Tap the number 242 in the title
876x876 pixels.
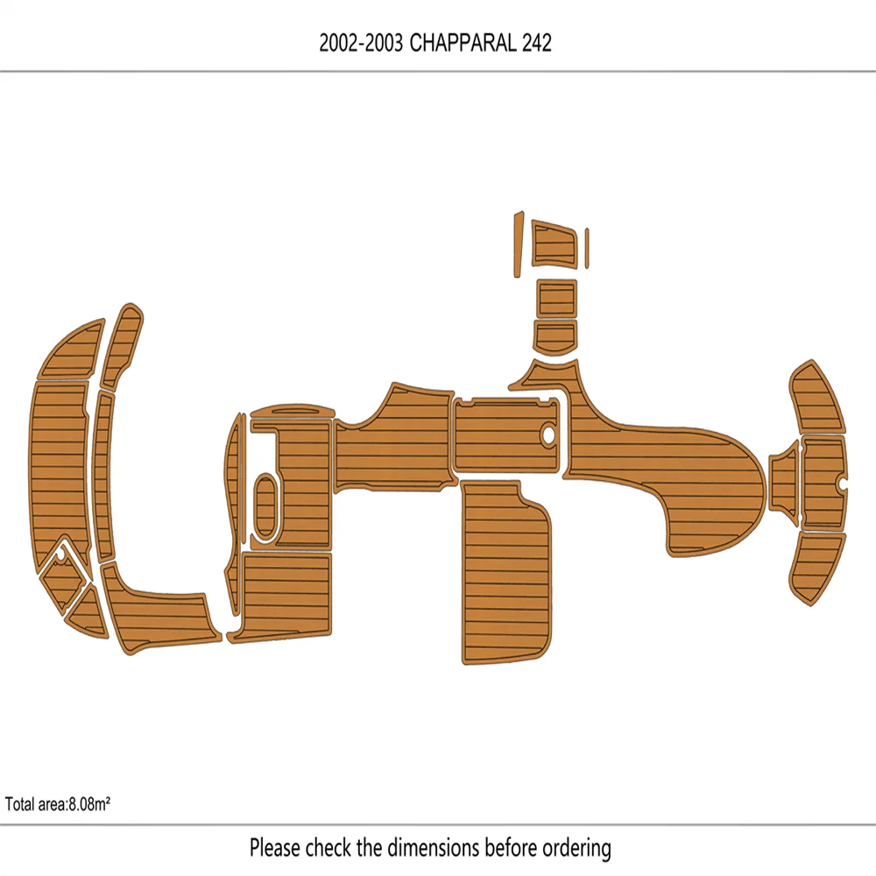pyautogui.click(x=536, y=45)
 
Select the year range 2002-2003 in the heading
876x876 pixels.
pyautogui.click(x=361, y=45)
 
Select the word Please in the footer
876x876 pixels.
pyautogui.click(x=277, y=848)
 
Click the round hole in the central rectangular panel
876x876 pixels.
pyautogui.click(x=549, y=433)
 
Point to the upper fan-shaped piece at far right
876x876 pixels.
pyautogui.click(x=818, y=399)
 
